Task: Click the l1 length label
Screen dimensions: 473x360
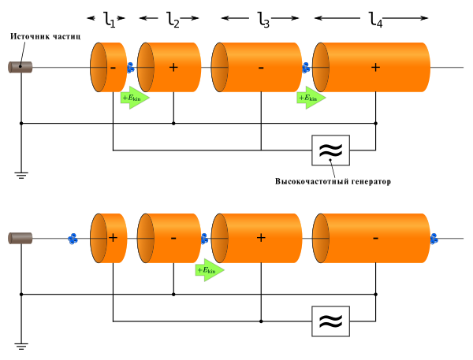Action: click(x=110, y=20)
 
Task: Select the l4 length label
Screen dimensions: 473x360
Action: click(x=376, y=20)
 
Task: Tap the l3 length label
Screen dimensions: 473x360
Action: click(x=263, y=20)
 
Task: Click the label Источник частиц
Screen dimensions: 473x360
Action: click(x=46, y=36)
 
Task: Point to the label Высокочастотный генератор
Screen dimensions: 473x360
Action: click(x=333, y=181)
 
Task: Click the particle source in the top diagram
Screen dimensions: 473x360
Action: click(x=20, y=67)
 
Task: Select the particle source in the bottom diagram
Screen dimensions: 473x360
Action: click(x=20, y=238)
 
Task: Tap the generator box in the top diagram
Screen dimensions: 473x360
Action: click(x=330, y=150)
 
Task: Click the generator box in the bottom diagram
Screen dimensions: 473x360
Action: click(x=330, y=321)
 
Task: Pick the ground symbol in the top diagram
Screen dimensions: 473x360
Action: click(x=21, y=175)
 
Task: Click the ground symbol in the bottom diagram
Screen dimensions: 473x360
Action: click(x=21, y=347)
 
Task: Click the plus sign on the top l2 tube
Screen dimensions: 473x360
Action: click(x=173, y=67)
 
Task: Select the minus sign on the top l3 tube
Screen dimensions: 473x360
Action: click(x=261, y=68)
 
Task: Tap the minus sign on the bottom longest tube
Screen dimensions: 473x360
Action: click(x=375, y=239)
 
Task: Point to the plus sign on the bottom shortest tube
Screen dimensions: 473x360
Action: click(x=113, y=238)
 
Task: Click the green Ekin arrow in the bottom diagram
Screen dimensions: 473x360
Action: click(x=210, y=270)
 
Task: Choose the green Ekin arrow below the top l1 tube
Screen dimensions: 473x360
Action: click(x=135, y=98)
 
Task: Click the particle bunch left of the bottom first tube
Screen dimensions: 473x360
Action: click(x=73, y=239)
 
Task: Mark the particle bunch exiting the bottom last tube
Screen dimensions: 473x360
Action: click(x=434, y=239)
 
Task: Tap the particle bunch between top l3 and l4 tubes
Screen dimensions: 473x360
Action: click(x=306, y=68)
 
